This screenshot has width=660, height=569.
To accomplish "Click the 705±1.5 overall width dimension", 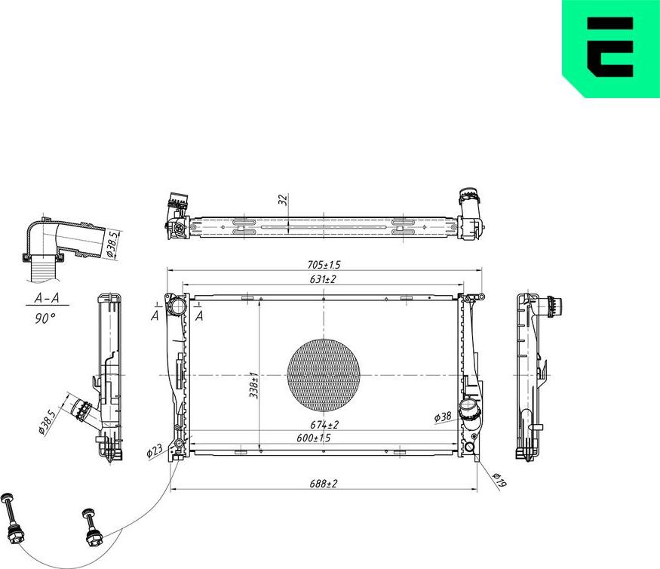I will tap(324, 265).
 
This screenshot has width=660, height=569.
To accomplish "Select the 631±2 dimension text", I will tap(324, 279).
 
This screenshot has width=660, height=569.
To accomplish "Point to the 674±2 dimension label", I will tap(324, 425).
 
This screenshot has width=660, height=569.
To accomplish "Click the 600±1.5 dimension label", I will tap(314, 438).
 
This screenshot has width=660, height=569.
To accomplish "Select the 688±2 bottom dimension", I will tap(324, 483).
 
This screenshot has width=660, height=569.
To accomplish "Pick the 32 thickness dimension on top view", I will tap(282, 200).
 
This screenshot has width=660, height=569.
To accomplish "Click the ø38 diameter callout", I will tap(443, 417).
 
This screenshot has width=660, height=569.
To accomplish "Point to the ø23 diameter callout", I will tap(154, 452).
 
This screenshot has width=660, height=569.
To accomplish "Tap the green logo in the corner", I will tap(611, 47).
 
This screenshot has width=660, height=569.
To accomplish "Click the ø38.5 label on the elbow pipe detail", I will tap(112, 245).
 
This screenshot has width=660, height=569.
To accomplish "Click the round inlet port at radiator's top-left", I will tap(177, 306).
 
